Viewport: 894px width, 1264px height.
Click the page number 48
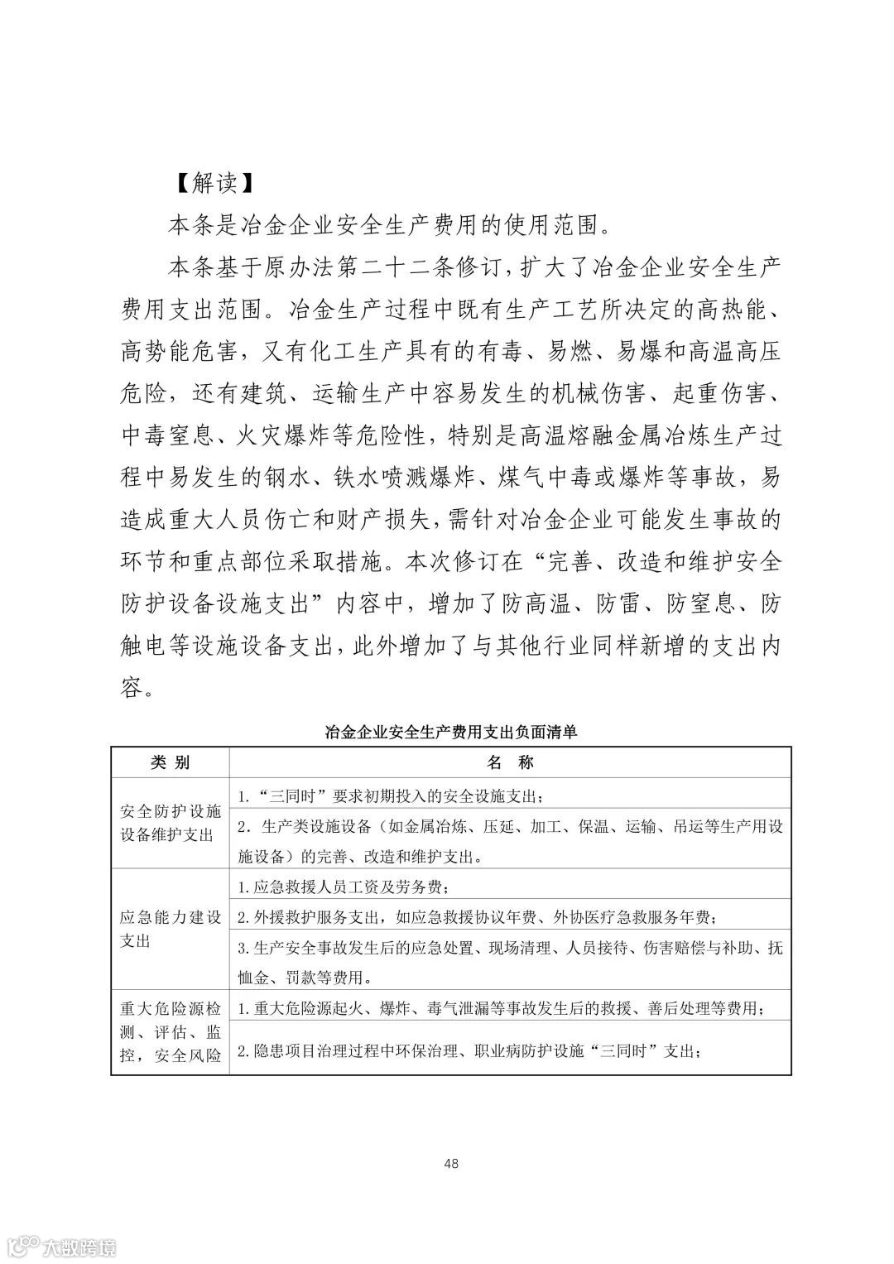point(451,1163)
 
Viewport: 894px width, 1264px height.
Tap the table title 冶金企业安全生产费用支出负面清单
point(451,732)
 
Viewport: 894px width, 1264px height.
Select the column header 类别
point(170,762)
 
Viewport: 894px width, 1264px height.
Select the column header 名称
point(510,762)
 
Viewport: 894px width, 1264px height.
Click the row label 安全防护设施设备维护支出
point(170,822)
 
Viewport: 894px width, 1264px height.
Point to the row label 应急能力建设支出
point(170,930)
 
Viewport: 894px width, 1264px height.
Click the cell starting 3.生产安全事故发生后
point(509,962)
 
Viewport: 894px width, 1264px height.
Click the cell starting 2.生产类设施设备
point(509,839)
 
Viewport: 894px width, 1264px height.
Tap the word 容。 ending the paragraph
point(137,689)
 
